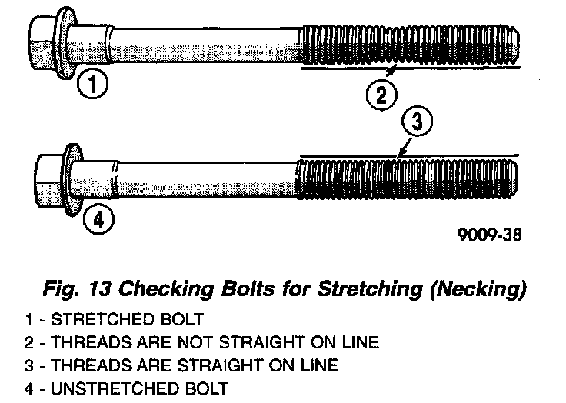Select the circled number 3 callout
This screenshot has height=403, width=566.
point(415,122)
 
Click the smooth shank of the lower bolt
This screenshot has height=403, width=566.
point(200,181)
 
